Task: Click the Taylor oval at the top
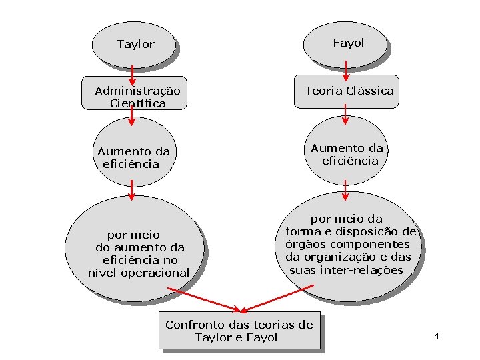pos(135,44)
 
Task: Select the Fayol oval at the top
pos(347,43)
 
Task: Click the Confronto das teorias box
pos(239,331)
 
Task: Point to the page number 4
pos(436,335)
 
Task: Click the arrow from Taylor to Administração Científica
pos(132,77)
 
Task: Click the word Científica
pos(138,103)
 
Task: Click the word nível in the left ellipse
pos(102,272)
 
